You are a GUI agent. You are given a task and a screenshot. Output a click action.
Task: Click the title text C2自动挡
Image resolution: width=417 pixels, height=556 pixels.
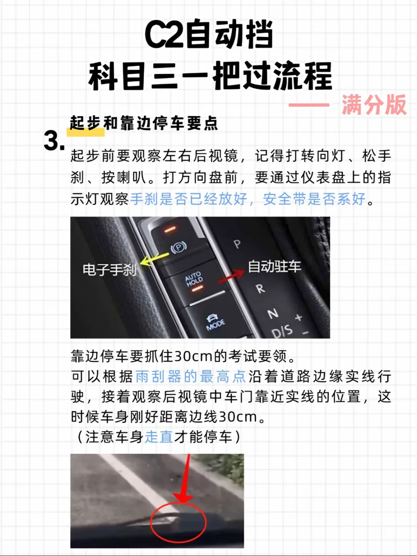[209, 35]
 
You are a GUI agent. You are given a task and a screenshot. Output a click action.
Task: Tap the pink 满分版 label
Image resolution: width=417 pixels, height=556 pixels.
[374, 105]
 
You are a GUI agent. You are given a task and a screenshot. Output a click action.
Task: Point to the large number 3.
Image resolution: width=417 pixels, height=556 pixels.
[54, 141]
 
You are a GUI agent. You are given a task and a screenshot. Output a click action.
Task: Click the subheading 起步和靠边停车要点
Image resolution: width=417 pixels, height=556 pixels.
[144, 123]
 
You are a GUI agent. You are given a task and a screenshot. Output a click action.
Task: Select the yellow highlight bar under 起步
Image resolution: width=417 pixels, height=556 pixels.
[86, 132]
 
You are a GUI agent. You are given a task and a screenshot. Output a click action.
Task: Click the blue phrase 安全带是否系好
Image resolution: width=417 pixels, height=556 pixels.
[314, 199]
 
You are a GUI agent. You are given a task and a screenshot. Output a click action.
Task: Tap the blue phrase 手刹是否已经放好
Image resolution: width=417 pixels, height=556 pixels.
[189, 199]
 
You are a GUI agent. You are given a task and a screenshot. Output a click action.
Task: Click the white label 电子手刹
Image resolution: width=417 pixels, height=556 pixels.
[110, 270]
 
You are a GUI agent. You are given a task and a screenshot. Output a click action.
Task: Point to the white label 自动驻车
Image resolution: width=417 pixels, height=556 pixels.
[275, 266]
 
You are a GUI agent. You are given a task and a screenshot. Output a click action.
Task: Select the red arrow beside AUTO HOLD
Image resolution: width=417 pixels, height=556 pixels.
[231, 276]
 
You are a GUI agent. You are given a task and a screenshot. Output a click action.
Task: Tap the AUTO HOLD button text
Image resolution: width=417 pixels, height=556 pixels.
[194, 279]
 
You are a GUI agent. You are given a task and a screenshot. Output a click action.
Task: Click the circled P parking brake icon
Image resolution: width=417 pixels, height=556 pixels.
[179, 247]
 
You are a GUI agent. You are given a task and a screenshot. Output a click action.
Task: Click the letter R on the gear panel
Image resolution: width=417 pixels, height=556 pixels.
[260, 288]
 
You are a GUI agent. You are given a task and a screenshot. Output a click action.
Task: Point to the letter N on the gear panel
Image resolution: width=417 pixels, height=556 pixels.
[273, 314]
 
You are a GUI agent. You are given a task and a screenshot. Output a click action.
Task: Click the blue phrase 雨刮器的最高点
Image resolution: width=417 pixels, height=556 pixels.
[191, 376]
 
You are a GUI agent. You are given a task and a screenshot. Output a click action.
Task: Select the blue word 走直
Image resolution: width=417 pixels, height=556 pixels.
[159, 437]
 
